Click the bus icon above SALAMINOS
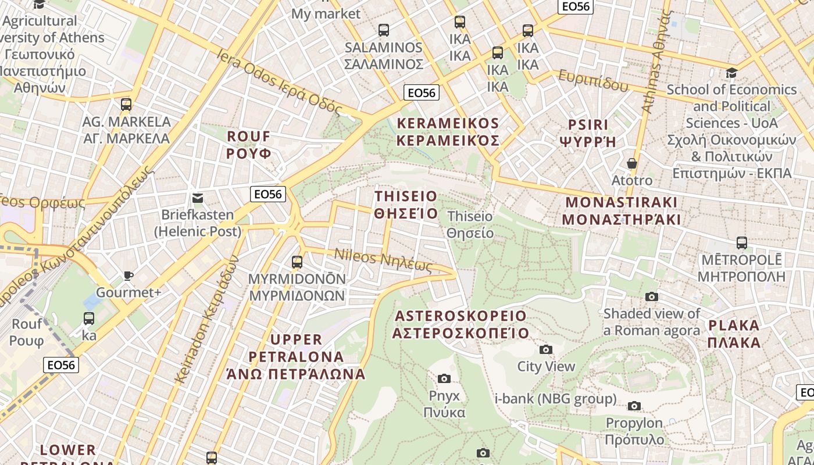383,30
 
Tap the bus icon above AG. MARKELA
126,105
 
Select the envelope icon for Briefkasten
198,198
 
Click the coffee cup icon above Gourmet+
128,276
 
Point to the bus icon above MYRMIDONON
297,262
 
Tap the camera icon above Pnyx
444,379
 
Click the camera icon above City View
545,349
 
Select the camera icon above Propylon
634,406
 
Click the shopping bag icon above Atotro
632,163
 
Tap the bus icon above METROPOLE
741,242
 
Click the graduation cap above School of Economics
731,73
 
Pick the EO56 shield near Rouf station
61,364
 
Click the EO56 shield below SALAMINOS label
421,92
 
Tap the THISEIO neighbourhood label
406,204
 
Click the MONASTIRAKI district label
622,211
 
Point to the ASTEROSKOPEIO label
460,324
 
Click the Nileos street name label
383,260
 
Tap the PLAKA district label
734,334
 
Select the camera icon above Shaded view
651,296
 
